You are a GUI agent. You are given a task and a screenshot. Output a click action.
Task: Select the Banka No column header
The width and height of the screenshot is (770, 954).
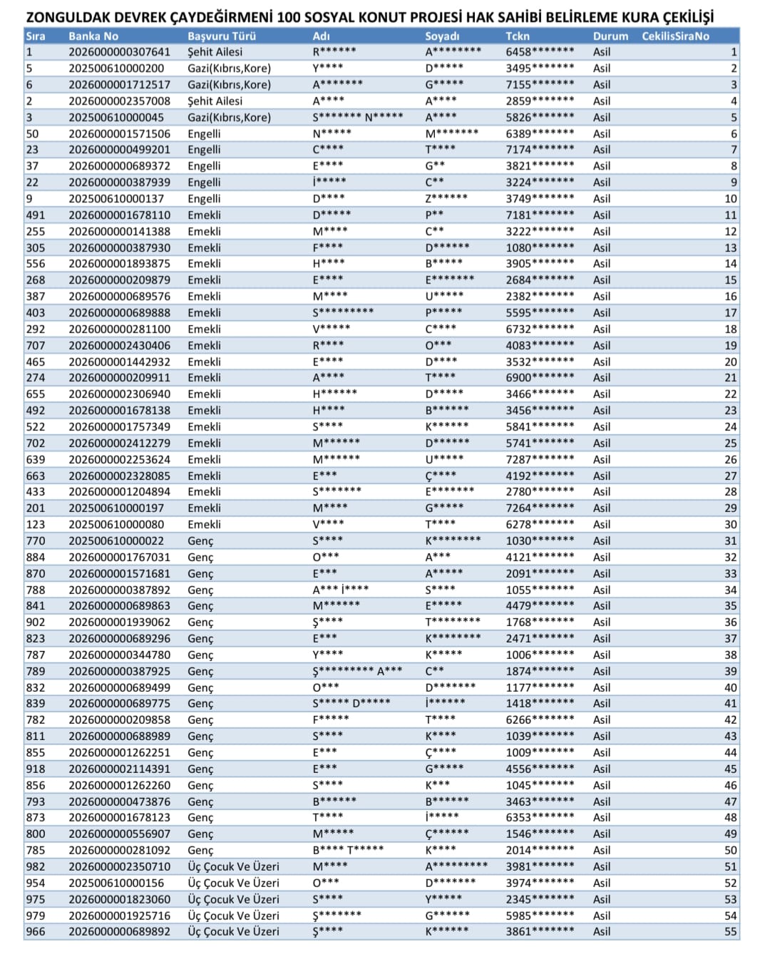(x=93, y=36)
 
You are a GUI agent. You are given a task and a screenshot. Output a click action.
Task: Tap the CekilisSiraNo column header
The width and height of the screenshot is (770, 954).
(x=675, y=36)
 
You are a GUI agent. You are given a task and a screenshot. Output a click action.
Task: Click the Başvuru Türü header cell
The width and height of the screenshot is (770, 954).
(x=221, y=36)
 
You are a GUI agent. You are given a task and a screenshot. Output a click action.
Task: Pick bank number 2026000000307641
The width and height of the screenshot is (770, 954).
(x=119, y=52)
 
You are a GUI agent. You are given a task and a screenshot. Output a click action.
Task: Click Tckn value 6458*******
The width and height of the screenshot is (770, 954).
(x=539, y=52)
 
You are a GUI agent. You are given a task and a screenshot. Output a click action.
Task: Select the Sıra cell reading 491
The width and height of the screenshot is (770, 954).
(x=35, y=215)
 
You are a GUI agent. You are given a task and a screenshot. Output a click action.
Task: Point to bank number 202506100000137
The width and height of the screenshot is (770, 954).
(x=115, y=199)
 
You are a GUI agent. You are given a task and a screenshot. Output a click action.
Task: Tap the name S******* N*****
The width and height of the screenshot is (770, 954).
(x=357, y=117)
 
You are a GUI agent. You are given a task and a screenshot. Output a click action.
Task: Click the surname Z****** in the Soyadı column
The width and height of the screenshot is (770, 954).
(x=446, y=199)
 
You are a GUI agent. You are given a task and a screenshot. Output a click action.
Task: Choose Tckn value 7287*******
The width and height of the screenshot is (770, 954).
(x=539, y=460)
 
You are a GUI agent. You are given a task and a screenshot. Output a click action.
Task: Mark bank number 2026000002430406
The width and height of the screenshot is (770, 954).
(x=119, y=346)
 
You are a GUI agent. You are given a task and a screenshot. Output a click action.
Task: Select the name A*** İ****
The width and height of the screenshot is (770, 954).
(x=340, y=590)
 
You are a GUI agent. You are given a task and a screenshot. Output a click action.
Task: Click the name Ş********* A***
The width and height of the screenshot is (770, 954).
(x=357, y=672)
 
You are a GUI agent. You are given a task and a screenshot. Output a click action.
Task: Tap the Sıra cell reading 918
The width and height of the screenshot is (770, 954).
(x=35, y=769)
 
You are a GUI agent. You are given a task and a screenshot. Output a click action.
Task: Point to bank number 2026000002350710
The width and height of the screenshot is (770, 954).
(x=119, y=867)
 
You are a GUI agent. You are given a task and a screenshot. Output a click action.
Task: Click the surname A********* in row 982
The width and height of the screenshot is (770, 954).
(x=456, y=867)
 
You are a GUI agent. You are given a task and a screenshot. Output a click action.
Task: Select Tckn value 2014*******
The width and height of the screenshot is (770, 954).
(x=539, y=851)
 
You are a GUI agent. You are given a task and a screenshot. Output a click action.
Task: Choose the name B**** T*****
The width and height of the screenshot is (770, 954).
(x=348, y=851)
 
